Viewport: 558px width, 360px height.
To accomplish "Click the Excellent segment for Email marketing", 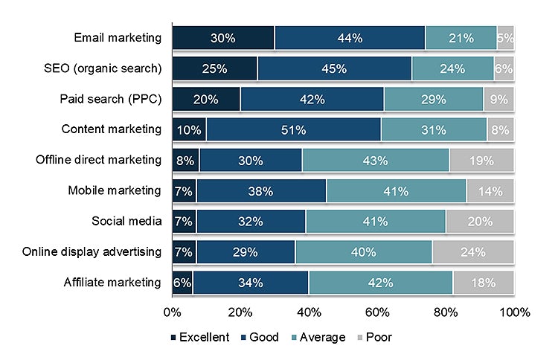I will point(223,38).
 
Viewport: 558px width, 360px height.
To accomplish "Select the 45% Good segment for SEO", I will point(334,68).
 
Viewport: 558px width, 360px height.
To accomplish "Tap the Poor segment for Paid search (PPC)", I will point(498,99).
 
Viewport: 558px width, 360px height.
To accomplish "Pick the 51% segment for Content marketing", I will point(293,129).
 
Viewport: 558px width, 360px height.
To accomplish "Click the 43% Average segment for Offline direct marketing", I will point(375,160).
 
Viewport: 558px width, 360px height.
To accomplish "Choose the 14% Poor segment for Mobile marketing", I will point(490,190).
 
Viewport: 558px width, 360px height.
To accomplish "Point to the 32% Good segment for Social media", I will point(251,221).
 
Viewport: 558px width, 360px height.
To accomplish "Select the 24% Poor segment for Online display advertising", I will point(473,251).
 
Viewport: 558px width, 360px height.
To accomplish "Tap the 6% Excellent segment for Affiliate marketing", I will point(182,282).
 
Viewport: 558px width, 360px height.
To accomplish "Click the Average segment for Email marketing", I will point(461,38).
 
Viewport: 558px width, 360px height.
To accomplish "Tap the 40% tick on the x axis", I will point(309,312).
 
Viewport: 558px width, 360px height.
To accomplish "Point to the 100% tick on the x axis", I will point(514,312).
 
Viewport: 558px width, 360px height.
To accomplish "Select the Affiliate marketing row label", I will point(112,282).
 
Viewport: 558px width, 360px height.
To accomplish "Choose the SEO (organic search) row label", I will point(103,68).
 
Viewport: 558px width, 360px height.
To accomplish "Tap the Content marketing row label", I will point(111,129).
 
